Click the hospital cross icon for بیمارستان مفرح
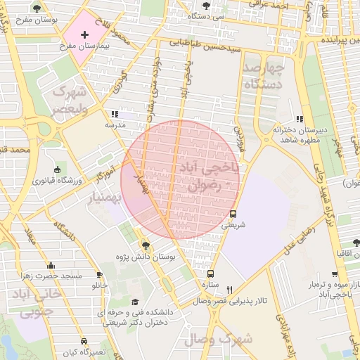pos(85,34)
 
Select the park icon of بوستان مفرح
pos(37,8)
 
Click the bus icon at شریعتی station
pos(233,214)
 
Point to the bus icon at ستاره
pos(210,274)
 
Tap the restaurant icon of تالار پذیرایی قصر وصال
pos(229,289)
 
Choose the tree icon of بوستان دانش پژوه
pos(146,245)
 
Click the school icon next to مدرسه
pos(114,114)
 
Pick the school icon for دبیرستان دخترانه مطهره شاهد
pos(300,119)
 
